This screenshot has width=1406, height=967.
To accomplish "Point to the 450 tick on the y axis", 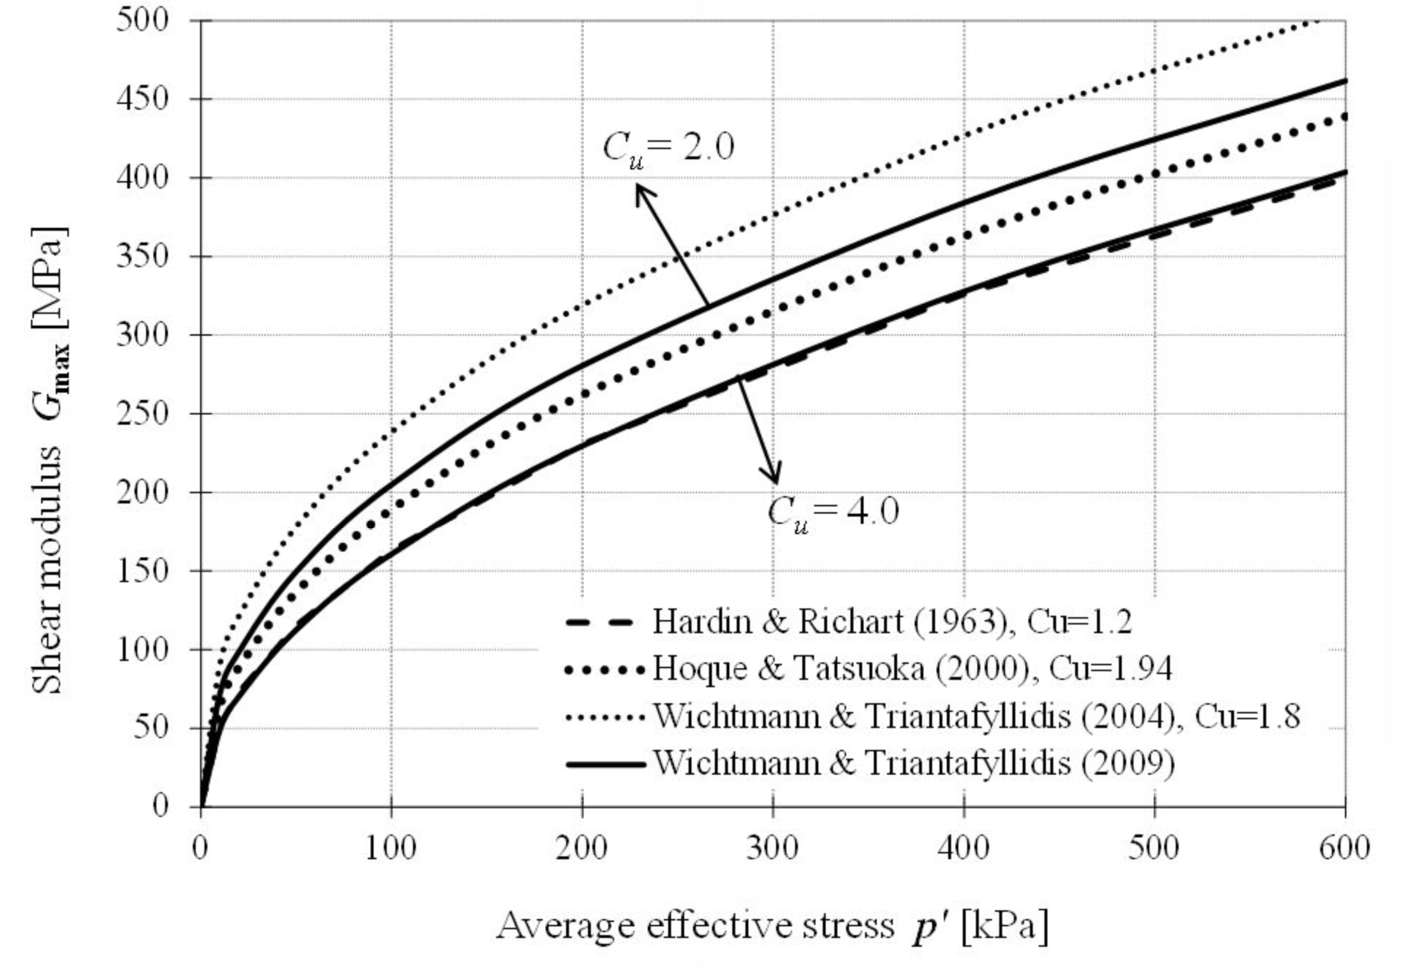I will (x=142, y=99).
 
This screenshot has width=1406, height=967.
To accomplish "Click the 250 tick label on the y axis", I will (x=142, y=413).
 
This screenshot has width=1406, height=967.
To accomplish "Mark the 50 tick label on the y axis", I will (x=151, y=727).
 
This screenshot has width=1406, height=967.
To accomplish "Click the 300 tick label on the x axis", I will (x=773, y=848).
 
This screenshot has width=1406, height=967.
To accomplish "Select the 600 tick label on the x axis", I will (x=1344, y=848).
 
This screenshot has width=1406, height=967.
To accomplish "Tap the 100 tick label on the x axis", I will (x=390, y=848).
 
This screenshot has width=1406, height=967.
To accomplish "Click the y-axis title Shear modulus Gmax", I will (x=49, y=461).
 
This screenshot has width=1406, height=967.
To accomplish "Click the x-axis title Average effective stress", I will (x=696, y=927).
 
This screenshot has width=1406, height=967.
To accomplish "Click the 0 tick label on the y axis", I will (x=161, y=806).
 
